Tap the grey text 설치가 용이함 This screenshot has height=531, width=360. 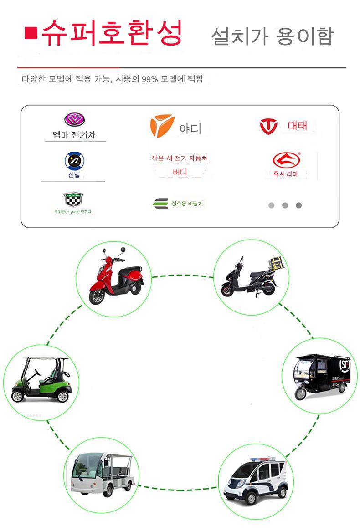click(x=273, y=36)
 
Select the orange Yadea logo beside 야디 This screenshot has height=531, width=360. click(x=162, y=126)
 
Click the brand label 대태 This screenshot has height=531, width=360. click(x=298, y=126)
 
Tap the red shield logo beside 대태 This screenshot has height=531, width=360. click(x=268, y=126)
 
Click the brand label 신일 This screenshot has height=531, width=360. click(x=74, y=174)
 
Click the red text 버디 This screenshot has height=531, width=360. click(x=180, y=172)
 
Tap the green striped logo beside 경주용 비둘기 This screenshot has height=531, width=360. click(x=160, y=204)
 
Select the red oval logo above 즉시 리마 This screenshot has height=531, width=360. click(x=287, y=160)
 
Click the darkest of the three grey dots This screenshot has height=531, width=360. click(x=298, y=205)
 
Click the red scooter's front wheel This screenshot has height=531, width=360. click(x=96, y=296)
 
